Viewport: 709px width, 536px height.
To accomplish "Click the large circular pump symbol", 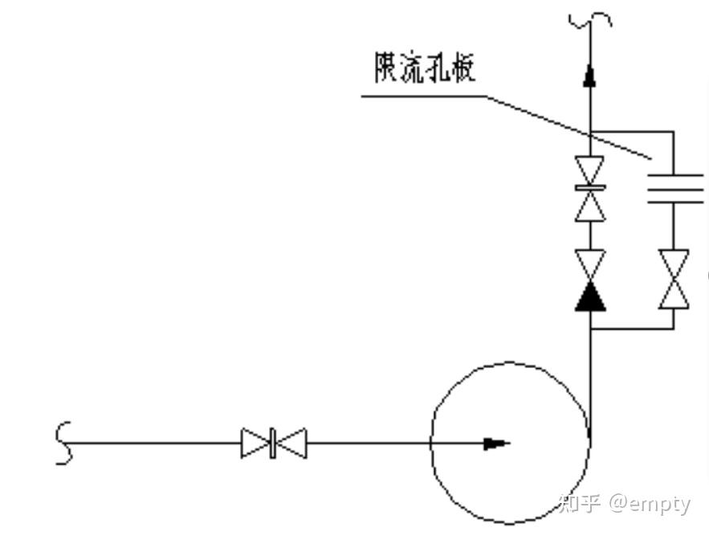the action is point(511,443).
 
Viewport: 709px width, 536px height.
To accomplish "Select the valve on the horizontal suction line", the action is point(273,443).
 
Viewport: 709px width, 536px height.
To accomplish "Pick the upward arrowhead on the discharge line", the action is point(590,76).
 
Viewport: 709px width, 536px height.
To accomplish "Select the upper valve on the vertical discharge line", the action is point(590,189).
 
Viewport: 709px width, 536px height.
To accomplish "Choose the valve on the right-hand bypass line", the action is point(674,279).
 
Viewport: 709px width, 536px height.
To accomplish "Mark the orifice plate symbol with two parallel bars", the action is point(674,188).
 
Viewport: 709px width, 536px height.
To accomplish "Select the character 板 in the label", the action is point(462,68).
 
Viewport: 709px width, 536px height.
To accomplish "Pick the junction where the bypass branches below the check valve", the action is point(590,329).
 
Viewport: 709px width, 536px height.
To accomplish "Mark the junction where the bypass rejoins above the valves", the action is point(590,132).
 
